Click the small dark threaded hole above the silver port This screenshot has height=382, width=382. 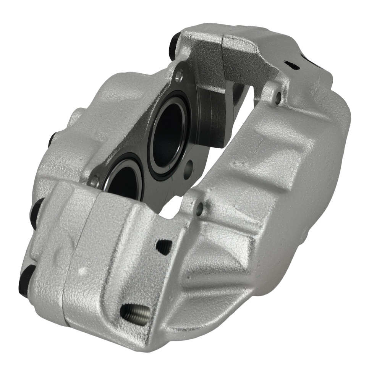point(163,247)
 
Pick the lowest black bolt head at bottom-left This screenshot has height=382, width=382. point(24,281)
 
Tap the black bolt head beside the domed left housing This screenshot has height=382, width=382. point(52,139)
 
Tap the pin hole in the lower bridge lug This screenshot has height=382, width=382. point(199,208)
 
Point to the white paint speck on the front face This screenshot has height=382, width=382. point(81,271)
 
